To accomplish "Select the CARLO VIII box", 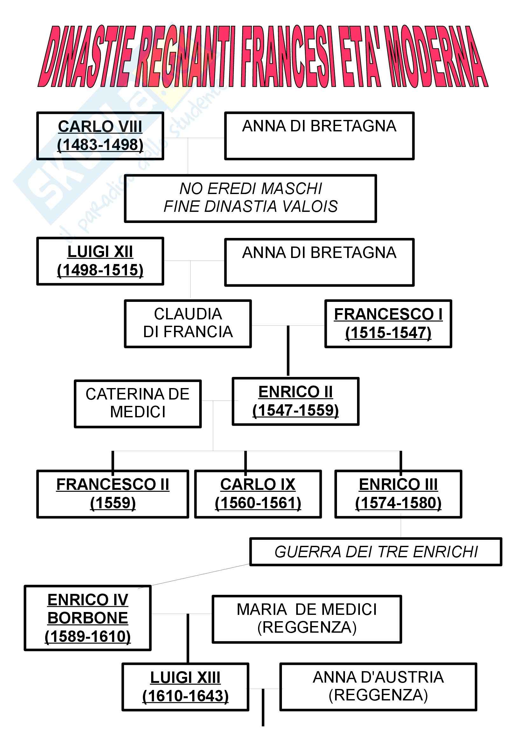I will coord(100,136).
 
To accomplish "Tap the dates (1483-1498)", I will coord(100,145).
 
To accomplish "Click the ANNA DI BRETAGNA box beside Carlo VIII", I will coord(319,136).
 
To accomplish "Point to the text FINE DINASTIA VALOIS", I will coord(250,207).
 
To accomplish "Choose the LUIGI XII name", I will coord(100,252).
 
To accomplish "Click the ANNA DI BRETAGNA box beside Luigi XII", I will coord(319,262).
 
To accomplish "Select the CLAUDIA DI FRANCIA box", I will coord(188,324).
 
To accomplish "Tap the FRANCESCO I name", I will coord(388,314).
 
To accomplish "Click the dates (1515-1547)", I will coord(388,333).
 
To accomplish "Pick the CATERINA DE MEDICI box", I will coord(138,403).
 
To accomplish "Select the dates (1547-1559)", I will coord(296,411).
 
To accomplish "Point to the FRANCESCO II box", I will coord(112,494).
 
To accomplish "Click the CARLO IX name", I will coord(258,485).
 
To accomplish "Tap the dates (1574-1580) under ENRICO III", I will coord(398,503).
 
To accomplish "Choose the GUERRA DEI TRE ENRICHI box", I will coord(375,552).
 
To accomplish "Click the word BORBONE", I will coord(88,618).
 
